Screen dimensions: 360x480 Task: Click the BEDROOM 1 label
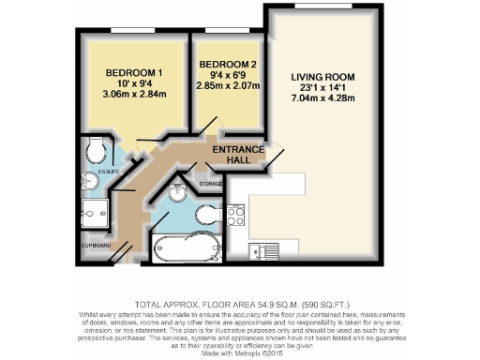[134, 73]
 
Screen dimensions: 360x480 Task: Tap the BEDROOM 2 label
[227, 65]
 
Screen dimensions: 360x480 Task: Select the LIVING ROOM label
[323, 77]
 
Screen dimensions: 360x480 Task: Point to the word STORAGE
[211, 184]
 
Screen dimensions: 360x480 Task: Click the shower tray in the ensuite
[96, 213]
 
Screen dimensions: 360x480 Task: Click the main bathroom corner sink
[180, 196]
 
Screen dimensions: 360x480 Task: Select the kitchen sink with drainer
[262, 250]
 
